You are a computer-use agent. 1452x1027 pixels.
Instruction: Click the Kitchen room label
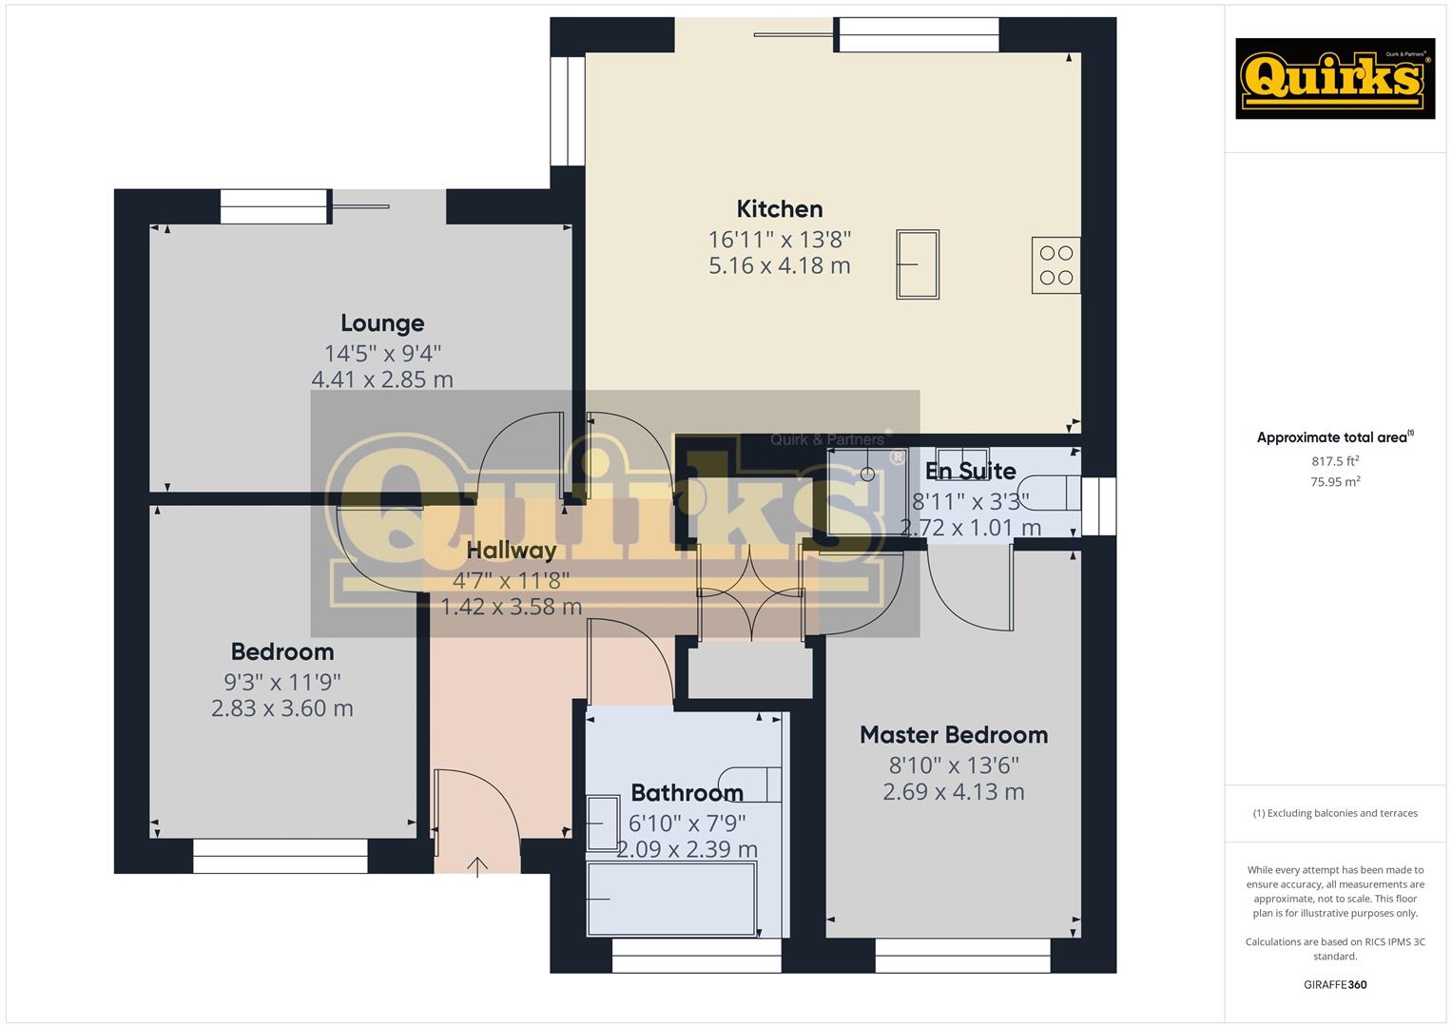(780, 209)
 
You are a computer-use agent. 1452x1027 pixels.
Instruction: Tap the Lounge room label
(382, 323)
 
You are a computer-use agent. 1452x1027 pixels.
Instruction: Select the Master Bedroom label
(954, 735)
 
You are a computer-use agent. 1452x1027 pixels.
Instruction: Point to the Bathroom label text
(687, 793)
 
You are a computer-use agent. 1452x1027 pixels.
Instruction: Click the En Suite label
(970, 471)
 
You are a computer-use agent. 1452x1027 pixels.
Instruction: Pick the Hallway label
(512, 551)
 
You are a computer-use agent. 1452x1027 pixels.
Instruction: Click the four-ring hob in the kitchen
(1055, 265)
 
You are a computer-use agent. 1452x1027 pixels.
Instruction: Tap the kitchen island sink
(918, 264)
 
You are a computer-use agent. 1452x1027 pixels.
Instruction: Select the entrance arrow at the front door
(477, 866)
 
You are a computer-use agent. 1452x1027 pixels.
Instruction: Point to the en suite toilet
(1055, 493)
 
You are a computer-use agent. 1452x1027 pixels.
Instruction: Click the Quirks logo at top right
(1334, 79)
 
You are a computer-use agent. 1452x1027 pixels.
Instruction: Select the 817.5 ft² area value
(1335, 461)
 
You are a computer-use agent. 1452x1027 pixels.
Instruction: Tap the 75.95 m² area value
(1335, 482)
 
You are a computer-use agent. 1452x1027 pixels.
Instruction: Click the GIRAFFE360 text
(1335, 984)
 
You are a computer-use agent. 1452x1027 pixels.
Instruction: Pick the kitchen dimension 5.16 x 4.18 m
(780, 266)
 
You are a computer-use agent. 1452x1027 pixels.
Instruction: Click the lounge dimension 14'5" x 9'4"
(382, 354)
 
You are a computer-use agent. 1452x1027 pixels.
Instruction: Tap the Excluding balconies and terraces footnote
(1335, 813)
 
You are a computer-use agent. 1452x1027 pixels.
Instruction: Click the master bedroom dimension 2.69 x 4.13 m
(954, 792)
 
